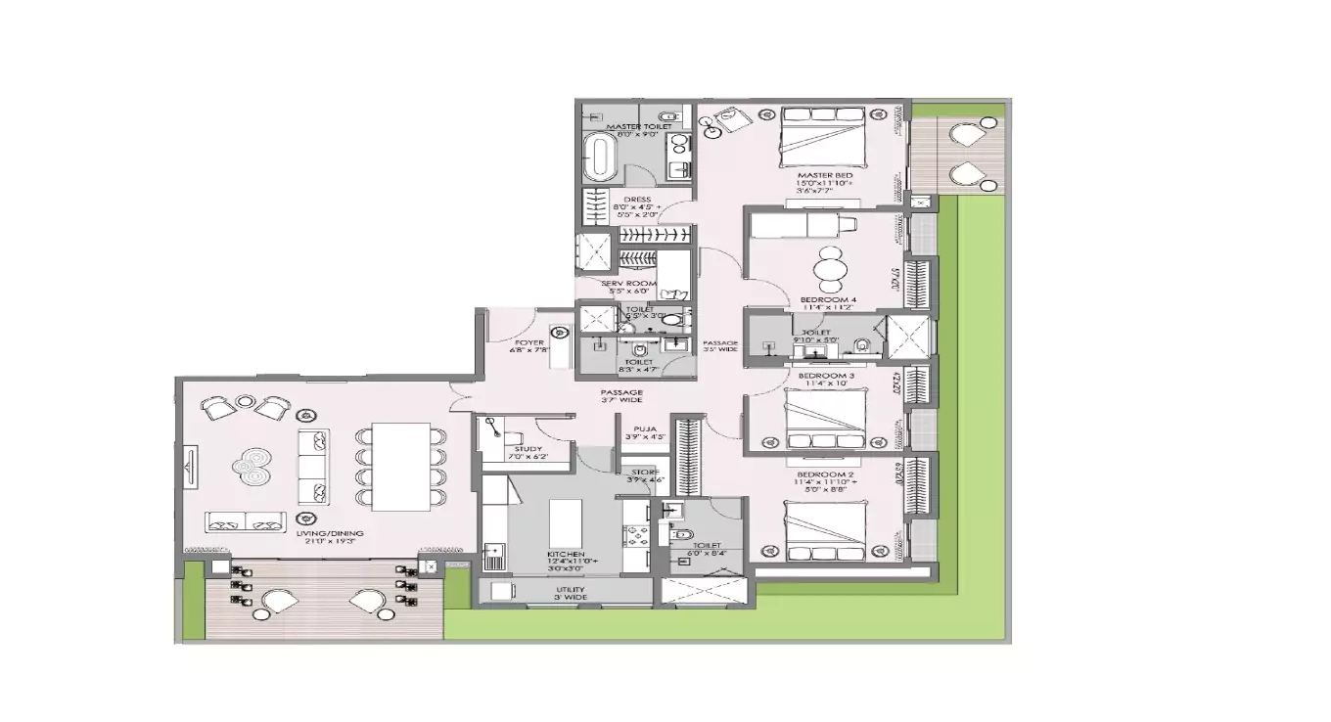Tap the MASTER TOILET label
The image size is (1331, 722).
click(638, 127)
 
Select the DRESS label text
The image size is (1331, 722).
click(636, 200)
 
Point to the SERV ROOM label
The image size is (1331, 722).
click(628, 284)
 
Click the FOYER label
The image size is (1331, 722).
click(528, 342)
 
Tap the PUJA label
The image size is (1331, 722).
click(644, 429)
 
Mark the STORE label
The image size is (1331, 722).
click(644, 472)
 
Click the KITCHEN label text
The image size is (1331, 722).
click(566, 554)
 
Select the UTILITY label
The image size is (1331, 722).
click(571, 589)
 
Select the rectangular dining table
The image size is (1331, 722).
click(401, 467)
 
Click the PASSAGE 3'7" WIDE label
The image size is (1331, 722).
click(621, 394)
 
